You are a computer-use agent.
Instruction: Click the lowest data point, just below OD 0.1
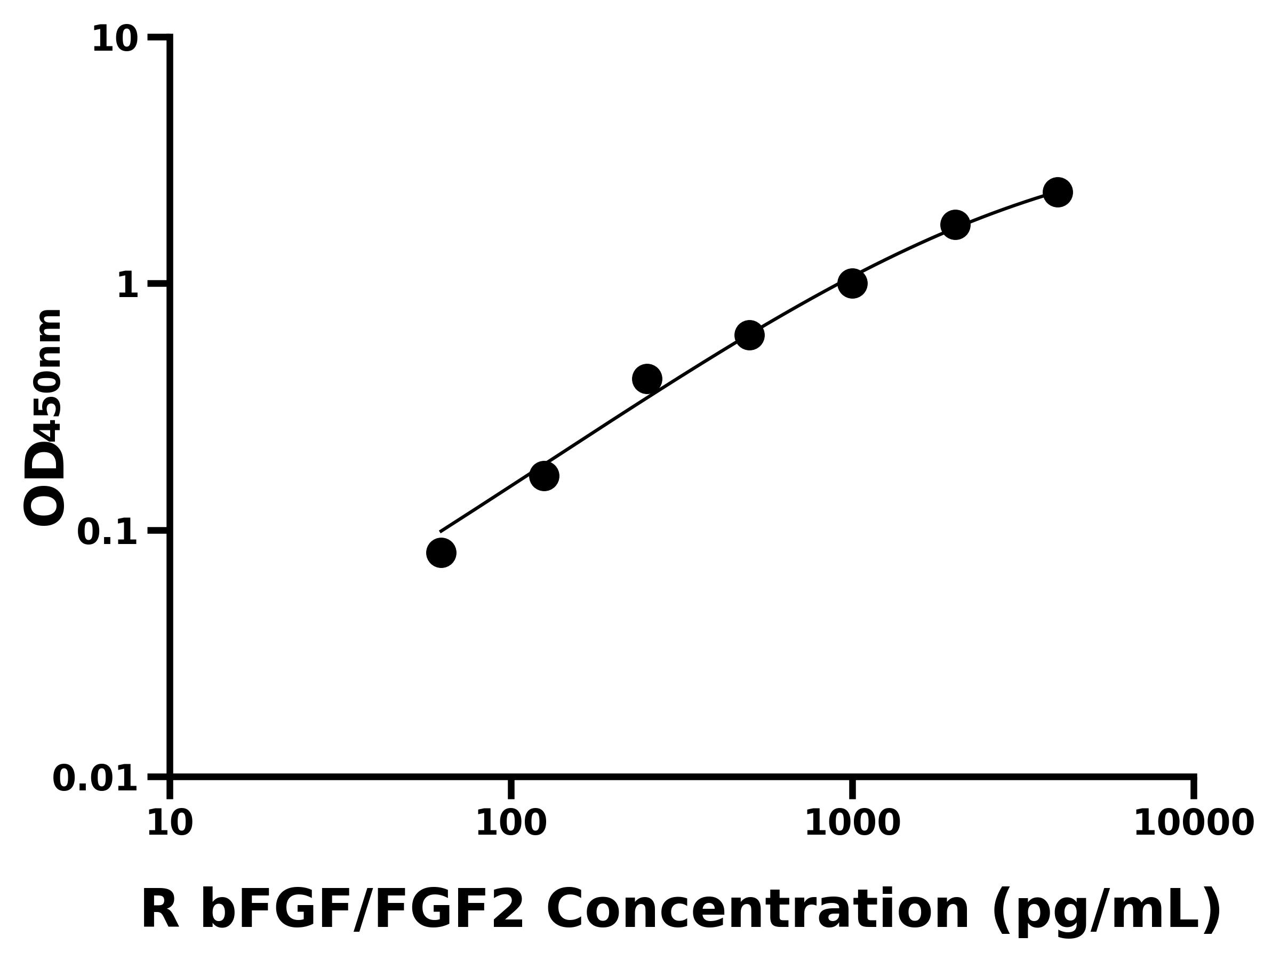pyautogui.click(x=441, y=553)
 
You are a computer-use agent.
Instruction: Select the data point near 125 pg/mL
pyautogui.click(x=544, y=476)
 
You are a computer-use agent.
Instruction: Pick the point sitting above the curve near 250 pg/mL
pyautogui.click(x=647, y=379)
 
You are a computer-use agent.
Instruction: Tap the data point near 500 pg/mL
pyautogui.click(x=749, y=335)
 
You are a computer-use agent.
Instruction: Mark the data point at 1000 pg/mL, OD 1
pyautogui.click(x=852, y=284)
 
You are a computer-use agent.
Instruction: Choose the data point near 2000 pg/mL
pyautogui.click(x=955, y=225)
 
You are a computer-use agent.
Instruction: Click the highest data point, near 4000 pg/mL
pyautogui.click(x=1058, y=192)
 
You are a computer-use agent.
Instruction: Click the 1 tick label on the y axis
pyautogui.click(x=128, y=286)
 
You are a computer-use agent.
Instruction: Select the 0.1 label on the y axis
pyautogui.click(x=108, y=532)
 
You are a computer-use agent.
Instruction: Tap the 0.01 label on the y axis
pyautogui.click(x=95, y=779)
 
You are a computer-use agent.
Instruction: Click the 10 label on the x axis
pyautogui.click(x=170, y=823)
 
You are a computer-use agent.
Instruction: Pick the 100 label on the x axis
pyautogui.click(x=511, y=823)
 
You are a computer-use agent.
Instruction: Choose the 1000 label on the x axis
pyautogui.click(x=852, y=823)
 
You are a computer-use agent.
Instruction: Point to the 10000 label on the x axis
pyautogui.click(x=1193, y=823)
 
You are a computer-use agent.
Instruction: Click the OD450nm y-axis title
pyautogui.click(x=43, y=417)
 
